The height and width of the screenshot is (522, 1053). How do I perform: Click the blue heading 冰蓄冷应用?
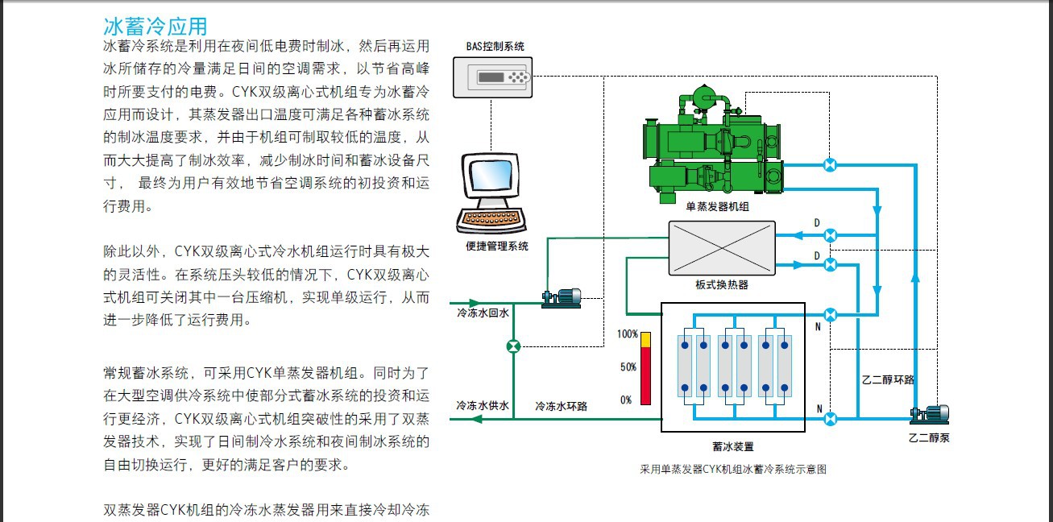point(155,27)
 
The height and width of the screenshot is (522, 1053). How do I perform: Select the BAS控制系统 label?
point(495,46)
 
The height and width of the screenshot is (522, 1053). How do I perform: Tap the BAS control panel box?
point(492,77)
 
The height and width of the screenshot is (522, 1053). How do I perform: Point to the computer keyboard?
point(491,219)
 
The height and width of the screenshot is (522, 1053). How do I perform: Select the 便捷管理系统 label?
point(497,246)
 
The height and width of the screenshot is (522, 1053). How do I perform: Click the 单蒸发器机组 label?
point(717,206)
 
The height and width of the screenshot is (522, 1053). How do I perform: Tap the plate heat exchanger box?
point(722,247)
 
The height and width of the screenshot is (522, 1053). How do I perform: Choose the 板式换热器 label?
point(722,284)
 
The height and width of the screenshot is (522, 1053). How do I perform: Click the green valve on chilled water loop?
point(513,346)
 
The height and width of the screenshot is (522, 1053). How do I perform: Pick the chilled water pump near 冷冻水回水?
point(562,298)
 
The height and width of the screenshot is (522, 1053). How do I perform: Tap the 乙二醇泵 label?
point(929,438)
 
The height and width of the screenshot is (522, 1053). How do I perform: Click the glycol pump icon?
point(930,414)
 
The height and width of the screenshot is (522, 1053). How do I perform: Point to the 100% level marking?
point(627,334)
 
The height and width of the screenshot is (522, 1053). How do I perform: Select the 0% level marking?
point(626,400)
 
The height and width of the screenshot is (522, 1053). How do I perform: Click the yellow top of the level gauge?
point(646,340)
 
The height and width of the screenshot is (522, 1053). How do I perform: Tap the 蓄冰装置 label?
point(733,446)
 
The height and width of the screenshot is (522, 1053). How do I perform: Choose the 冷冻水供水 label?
point(483,405)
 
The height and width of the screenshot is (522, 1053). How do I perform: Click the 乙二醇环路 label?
point(888,379)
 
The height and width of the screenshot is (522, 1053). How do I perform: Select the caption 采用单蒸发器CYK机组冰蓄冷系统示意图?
point(733,469)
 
